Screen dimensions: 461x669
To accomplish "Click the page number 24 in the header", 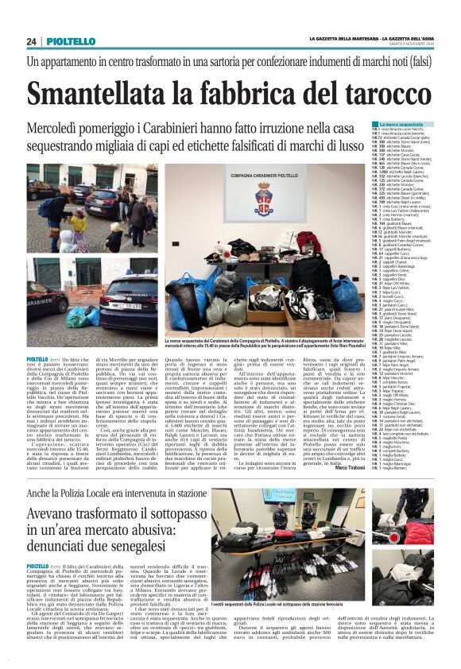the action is pos(32,41).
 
